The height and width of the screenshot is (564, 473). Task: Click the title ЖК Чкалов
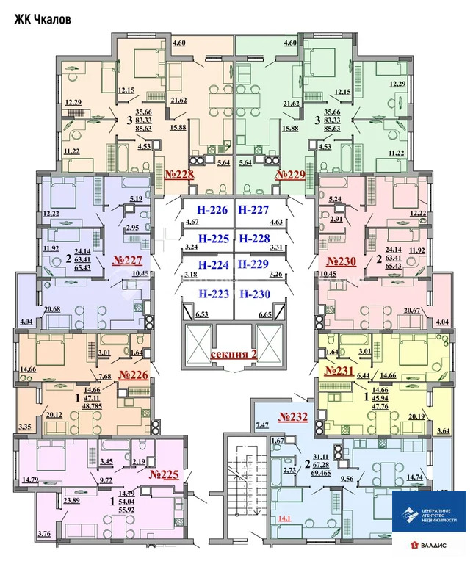click(x=43, y=20)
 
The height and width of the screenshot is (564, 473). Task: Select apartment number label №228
click(x=178, y=175)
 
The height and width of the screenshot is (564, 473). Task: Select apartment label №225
click(x=164, y=474)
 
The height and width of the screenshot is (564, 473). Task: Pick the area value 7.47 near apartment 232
click(x=262, y=424)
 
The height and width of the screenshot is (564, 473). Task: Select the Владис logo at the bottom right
click(x=437, y=544)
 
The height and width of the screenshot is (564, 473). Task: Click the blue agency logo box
click(x=428, y=511)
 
